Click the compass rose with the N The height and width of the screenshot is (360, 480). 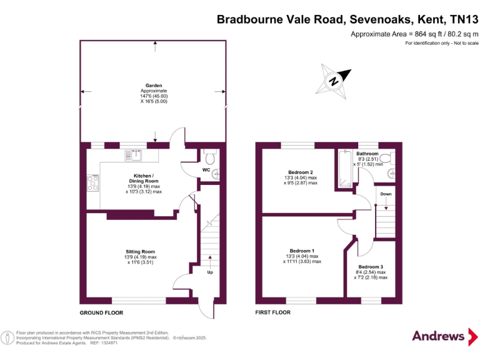coord(335,81)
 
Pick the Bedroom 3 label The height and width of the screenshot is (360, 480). coord(371,266)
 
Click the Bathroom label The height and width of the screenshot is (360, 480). coord(367,154)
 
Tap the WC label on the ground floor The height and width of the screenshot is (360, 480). coord(206,169)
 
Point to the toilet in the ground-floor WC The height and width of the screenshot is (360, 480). coord(209,154)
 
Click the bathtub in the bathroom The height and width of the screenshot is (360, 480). coord(344,169)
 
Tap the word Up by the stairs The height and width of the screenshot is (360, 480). coord(210,272)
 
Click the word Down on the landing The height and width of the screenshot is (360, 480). coord(386,194)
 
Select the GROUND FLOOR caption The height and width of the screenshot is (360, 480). coord(101,312)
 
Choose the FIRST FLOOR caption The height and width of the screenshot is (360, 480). coord(276,312)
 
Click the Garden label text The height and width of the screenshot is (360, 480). coord(154,86)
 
